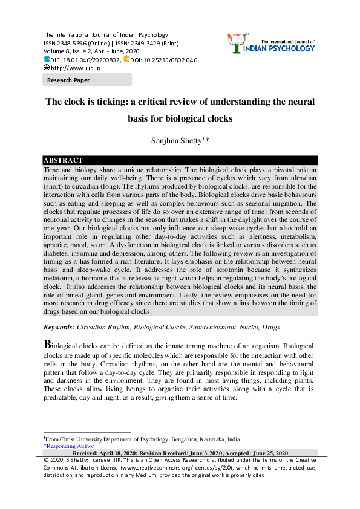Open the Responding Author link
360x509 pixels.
click(x=69, y=446)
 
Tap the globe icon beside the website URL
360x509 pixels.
click(x=46, y=68)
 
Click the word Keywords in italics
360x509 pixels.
click(x=59, y=327)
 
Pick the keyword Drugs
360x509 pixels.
click(x=270, y=327)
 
